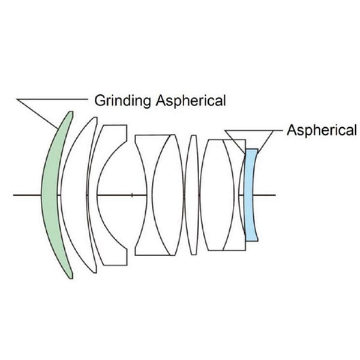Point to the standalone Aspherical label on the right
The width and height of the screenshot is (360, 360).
(322, 130)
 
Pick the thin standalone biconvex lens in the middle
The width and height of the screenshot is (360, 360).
(192, 195)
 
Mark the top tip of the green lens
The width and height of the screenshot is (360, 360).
(71, 112)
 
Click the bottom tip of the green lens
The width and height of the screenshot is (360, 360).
(71, 277)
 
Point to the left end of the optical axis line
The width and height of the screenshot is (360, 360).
(14, 195)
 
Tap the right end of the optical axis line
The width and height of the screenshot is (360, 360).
(275, 195)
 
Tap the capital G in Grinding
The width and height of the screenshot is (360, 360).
(99, 100)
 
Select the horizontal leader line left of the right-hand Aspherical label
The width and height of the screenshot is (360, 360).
(264, 130)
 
